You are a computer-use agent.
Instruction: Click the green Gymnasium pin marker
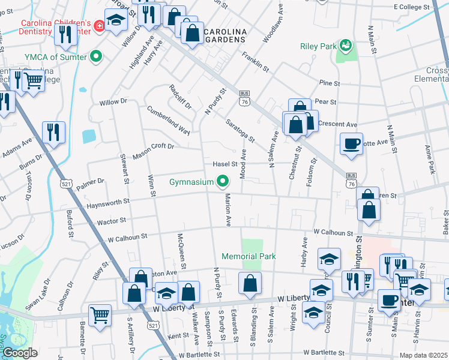(223, 181)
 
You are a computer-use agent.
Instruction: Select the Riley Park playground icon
(345, 45)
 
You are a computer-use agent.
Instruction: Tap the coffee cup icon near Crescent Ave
(351, 143)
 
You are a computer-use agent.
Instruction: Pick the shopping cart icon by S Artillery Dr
(100, 314)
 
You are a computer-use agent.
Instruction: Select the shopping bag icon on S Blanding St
(249, 283)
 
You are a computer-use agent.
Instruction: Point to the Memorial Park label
(249, 256)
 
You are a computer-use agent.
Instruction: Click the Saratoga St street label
(240, 130)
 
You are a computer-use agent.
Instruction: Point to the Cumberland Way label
(168, 119)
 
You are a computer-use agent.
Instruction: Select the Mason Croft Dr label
(153, 149)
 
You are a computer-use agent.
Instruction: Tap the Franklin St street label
(255, 61)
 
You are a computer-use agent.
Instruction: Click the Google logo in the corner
(20, 353)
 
